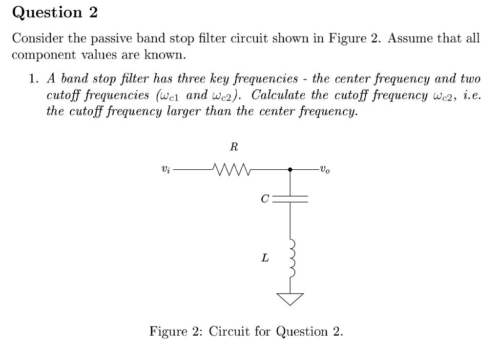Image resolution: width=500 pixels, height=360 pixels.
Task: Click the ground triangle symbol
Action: (x=291, y=298)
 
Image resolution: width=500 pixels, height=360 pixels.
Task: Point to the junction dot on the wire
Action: (x=291, y=170)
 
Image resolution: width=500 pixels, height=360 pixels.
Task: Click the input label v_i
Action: (x=166, y=170)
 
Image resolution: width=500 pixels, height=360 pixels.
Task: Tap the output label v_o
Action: (x=325, y=170)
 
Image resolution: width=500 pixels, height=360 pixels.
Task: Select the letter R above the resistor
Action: (x=233, y=146)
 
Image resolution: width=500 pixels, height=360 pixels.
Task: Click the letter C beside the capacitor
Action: (x=265, y=199)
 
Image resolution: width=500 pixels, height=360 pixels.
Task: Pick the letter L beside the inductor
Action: (x=265, y=258)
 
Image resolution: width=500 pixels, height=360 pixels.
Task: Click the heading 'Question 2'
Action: (x=55, y=13)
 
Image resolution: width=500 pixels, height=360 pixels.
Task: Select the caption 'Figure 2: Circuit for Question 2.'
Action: (x=246, y=332)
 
